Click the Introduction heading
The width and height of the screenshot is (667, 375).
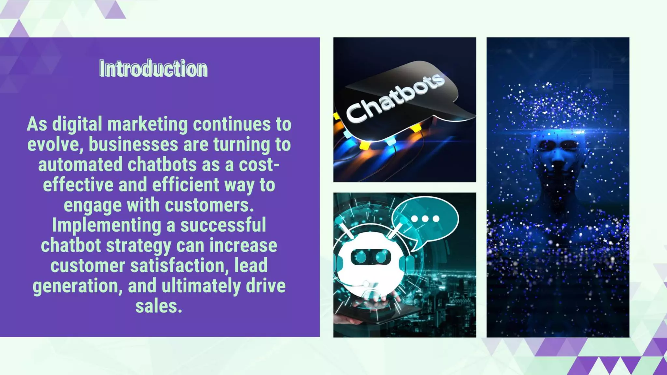tap(153, 69)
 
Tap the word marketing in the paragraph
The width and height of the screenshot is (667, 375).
tap(148, 124)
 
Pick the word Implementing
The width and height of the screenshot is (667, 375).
tap(106, 225)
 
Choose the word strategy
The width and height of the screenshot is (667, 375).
tap(138, 246)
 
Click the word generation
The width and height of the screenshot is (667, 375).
tap(77, 286)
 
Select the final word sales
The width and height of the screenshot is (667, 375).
tap(159, 306)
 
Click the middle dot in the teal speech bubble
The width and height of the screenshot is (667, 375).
tap(425, 219)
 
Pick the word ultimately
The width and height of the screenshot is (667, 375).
tap(201, 286)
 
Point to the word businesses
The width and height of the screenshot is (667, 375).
tap(133, 145)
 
